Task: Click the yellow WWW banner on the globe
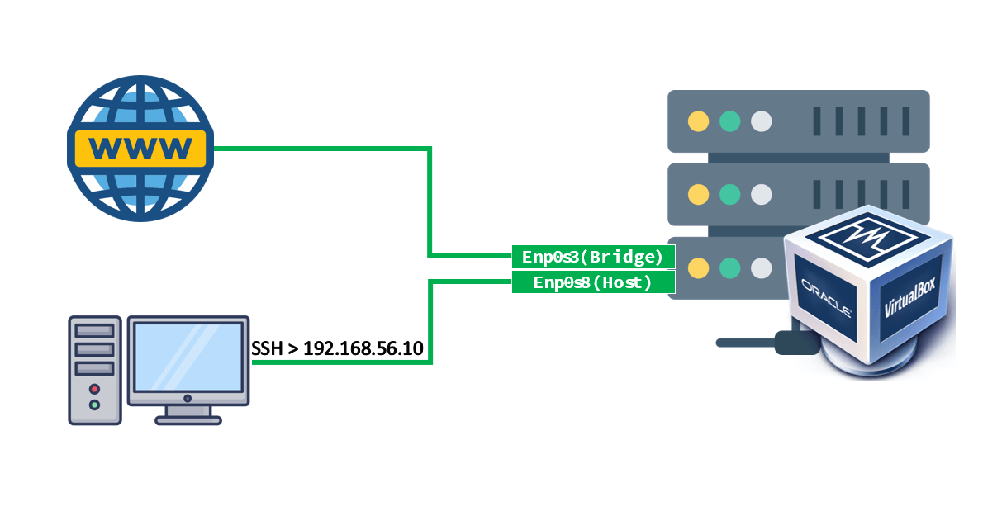point(140,149)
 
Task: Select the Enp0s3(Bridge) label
point(593,257)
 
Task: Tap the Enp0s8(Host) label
point(593,282)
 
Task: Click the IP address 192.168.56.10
point(363,348)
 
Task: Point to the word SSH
point(267,348)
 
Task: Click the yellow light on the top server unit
point(698,121)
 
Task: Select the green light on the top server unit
point(730,121)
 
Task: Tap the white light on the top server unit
point(762,121)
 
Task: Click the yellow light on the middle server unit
point(698,195)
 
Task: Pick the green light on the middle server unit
point(730,195)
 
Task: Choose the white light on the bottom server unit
point(762,267)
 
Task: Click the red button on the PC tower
point(94,389)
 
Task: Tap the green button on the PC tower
point(94,405)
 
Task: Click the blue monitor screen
point(188,357)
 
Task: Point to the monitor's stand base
point(188,420)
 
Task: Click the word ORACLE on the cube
point(827,298)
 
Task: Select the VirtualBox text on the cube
point(909,297)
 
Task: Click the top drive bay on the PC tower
point(94,331)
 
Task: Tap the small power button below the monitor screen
point(188,398)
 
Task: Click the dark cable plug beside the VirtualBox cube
point(796,343)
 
